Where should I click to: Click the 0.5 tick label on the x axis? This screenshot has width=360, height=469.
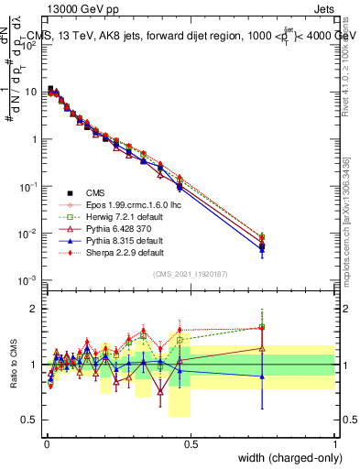tap(191, 443)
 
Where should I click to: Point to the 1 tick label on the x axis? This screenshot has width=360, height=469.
tap(334, 443)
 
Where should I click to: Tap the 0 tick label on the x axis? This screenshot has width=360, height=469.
tap(47, 443)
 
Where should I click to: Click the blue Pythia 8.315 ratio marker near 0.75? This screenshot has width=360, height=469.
tap(263, 376)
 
